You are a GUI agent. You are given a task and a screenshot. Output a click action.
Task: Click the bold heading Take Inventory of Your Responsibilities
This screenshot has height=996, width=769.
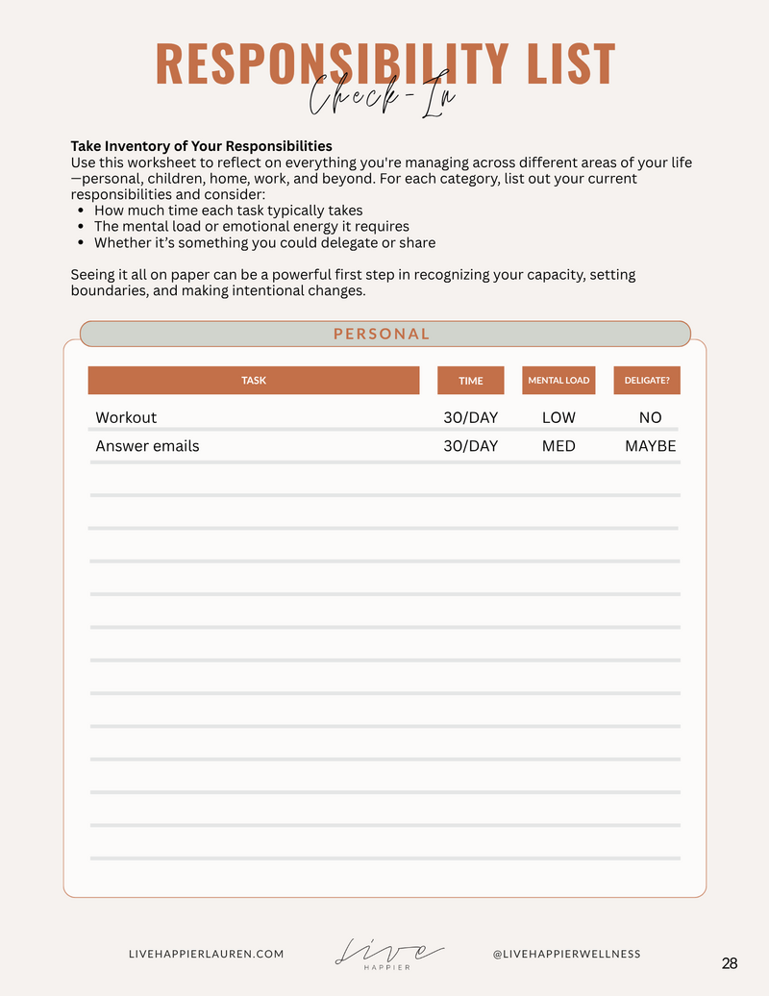click(x=201, y=146)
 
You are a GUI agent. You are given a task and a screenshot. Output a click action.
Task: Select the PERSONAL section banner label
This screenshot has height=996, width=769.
click(x=382, y=334)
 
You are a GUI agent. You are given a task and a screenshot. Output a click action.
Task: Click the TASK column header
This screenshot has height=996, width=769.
click(x=254, y=381)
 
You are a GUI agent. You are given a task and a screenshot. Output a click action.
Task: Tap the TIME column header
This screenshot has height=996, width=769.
click(x=471, y=381)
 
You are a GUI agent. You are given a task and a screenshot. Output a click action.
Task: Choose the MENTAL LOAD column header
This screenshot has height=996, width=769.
click(x=558, y=381)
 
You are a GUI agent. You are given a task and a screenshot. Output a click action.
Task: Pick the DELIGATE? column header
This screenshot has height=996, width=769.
click(x=647, y=381)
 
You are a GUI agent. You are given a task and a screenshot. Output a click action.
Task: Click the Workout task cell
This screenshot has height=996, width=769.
click(x=126, y=417)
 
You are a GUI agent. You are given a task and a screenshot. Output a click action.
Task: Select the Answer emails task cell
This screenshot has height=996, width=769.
click(x=147, y=446)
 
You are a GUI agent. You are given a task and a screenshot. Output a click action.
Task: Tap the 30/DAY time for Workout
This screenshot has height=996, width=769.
click(x=471, y=417)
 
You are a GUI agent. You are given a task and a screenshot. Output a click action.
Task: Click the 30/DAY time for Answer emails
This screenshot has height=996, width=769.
click(x=471, y=446)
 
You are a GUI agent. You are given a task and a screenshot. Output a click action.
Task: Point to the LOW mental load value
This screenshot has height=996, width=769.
click(x=558, y=417)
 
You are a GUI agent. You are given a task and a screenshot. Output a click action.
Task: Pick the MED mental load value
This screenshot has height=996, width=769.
click(x=558, y=446)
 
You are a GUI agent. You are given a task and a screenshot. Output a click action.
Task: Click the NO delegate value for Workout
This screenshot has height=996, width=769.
click(x=651, y=417)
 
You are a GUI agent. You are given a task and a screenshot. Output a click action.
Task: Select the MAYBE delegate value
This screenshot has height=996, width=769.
click(x=651, y=446)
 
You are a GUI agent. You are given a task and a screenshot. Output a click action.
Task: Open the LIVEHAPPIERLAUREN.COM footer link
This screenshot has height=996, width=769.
click(x=206, y=954)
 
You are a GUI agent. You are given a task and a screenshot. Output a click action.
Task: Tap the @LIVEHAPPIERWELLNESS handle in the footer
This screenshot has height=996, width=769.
click(x=566, y=954)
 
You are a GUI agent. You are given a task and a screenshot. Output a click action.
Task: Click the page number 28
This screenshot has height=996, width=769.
click(x=730, y=963)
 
